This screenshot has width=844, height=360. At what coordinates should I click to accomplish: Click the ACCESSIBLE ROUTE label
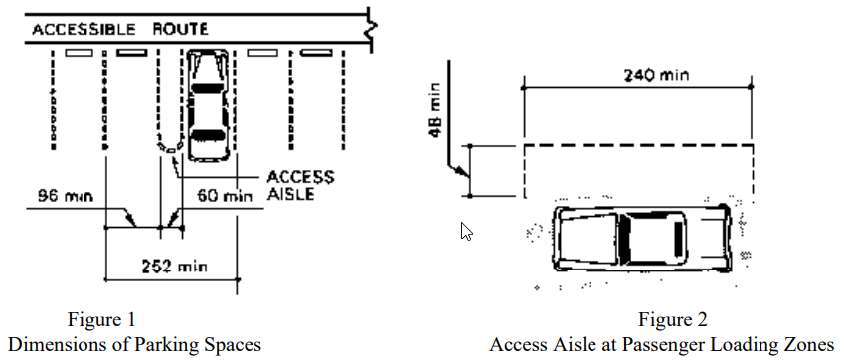point(120,29)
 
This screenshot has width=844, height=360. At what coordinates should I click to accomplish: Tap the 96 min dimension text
point(66,196)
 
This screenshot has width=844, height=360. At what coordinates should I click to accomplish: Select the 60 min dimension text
point(225,196)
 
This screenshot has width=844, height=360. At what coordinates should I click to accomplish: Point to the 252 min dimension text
point(174,266)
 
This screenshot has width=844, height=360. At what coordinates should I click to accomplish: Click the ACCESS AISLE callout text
point(300,185)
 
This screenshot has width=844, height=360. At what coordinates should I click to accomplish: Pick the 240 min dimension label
point(656,75)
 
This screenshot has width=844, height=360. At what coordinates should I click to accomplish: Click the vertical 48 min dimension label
point(435,109)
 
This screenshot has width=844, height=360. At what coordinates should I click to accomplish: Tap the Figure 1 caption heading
point(101,319)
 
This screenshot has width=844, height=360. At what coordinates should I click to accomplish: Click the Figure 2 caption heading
point(673,319)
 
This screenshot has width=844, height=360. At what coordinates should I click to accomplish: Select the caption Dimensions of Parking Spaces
point(135,344)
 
